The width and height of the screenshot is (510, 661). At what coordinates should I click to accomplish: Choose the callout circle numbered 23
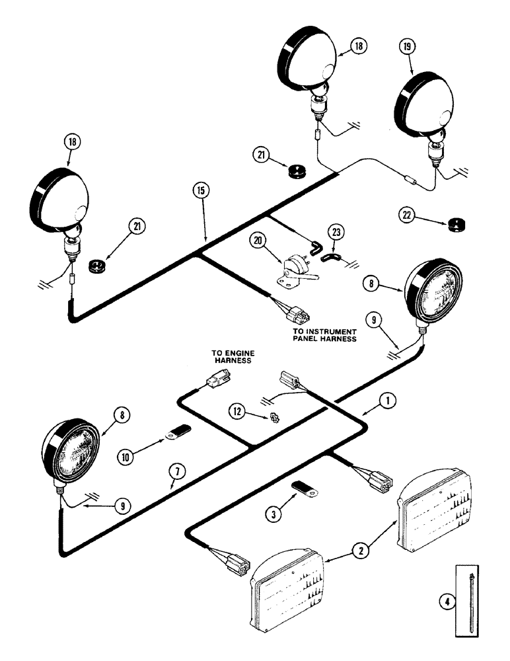(x=338, y=232)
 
